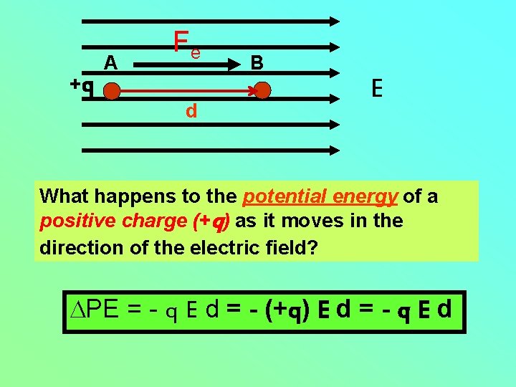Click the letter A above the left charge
click(x=110, y=64)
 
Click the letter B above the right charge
click(x=257, y=64)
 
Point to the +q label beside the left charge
click(x=82, y=85)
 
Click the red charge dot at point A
click(x=111, y=91)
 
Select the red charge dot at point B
click(x=263, y=91)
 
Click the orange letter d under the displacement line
click(x=191, y=111)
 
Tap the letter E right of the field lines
click(x=377, y=88)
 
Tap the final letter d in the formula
click(x=444, y=310)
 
